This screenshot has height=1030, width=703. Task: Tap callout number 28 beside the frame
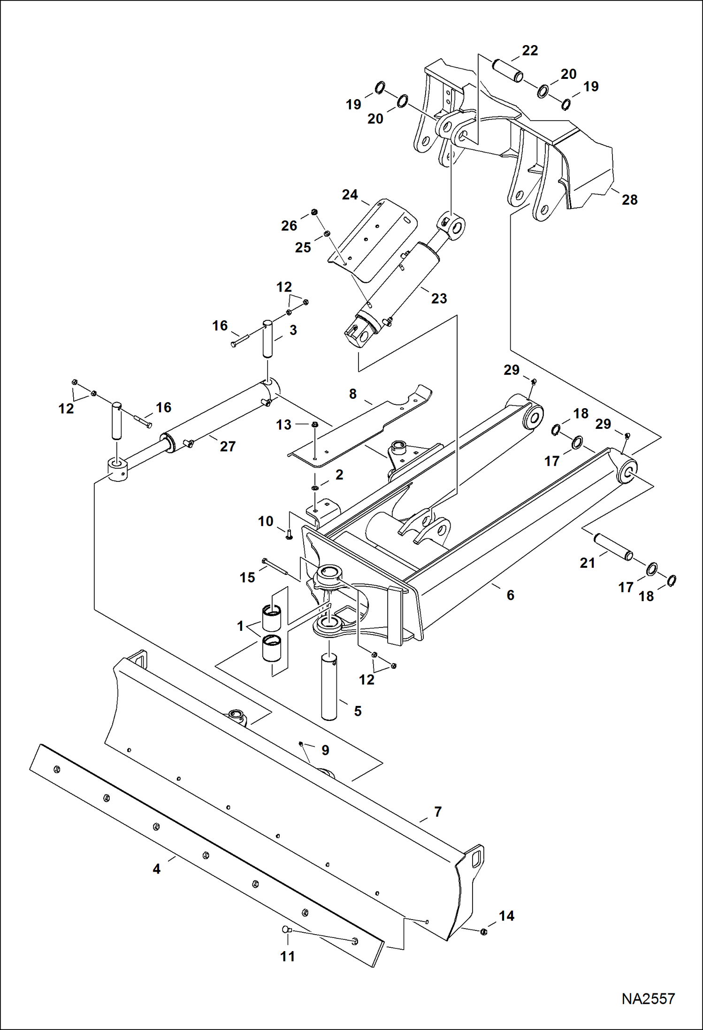point(629,200)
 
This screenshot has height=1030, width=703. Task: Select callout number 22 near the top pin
point(530,51)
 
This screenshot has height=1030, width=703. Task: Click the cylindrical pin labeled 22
point(507,70)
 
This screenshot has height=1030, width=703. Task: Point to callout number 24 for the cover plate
point(350,194)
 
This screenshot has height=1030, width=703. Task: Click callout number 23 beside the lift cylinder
point(439,298)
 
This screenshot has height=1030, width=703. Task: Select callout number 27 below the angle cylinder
point(228,446)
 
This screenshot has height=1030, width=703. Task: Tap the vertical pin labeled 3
point(267,339)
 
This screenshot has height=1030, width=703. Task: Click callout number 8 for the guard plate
point(353,394)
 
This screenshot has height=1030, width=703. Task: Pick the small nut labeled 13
point(315,425)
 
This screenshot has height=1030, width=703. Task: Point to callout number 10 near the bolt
point(266,521)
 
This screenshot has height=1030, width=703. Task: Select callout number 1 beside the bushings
point(241,626)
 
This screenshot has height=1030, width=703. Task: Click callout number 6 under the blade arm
point(510,595)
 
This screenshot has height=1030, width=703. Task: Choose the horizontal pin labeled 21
point(613,547)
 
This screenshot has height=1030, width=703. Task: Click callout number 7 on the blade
point(437,812)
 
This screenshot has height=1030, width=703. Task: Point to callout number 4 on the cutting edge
point(157,869)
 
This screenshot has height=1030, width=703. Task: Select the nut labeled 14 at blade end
point(483,931)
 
